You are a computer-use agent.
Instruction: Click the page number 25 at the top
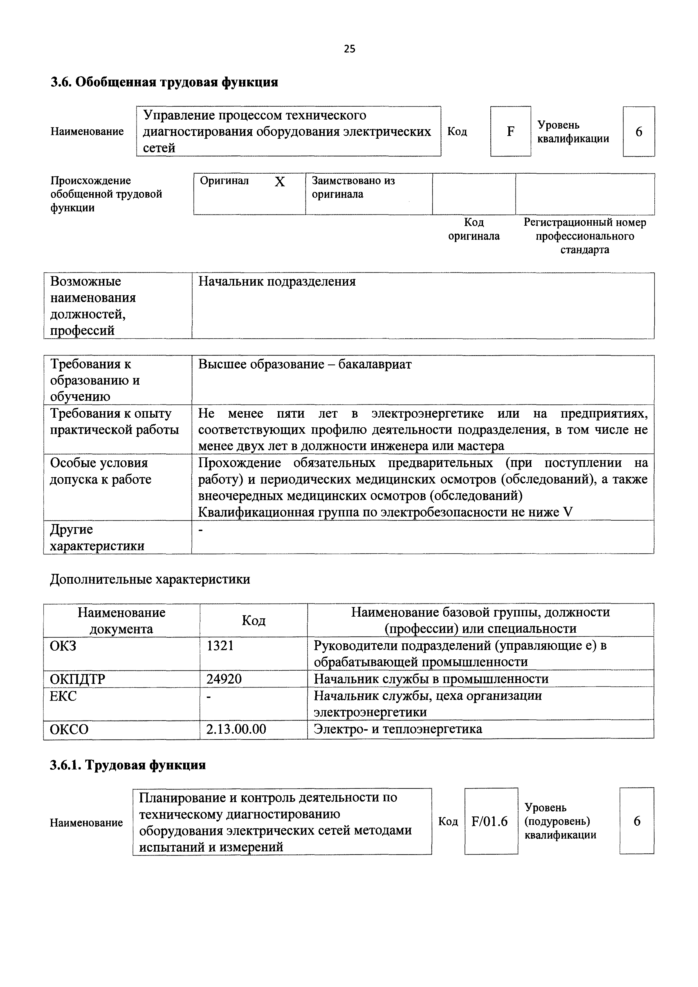coord(349,49)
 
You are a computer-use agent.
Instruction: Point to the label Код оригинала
coord(474,229)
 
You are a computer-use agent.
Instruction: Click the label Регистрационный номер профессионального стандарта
coord(585,236)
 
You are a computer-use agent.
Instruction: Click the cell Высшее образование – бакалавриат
coord(305,364)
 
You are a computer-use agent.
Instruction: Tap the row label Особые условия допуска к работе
coord(100,471)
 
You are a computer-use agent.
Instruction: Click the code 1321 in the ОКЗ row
coord(220,646)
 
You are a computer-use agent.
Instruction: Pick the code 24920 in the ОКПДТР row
coord(224,679)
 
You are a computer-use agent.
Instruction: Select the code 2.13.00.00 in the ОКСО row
coord(236,729)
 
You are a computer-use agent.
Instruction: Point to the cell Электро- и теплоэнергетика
coord(398,729)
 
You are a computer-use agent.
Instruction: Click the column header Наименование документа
coord(121,620)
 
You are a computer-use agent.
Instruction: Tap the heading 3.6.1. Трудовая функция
coord(128,766)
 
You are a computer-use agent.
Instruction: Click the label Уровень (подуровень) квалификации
coord(560,822)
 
